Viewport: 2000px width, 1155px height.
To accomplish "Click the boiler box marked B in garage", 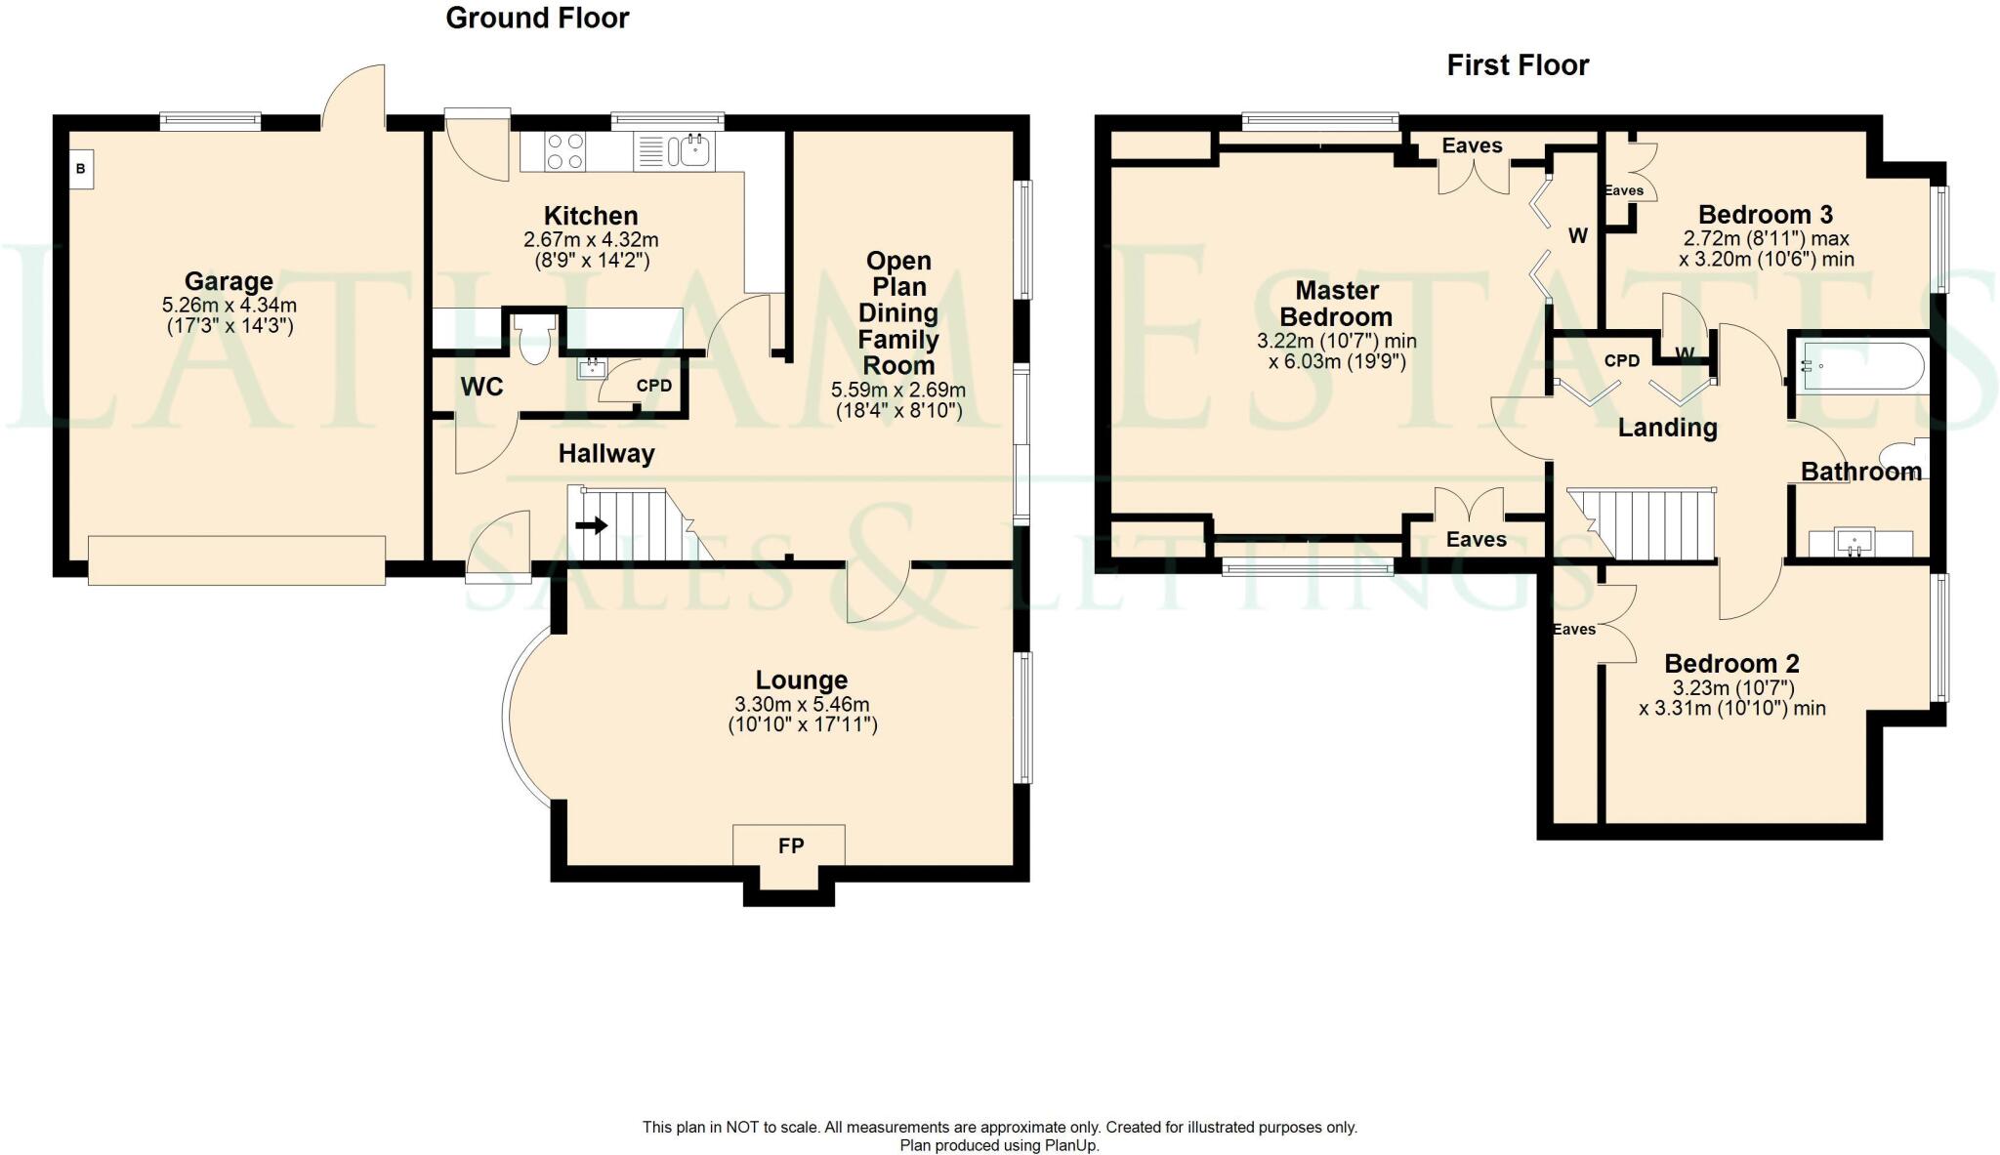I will click(81, 169).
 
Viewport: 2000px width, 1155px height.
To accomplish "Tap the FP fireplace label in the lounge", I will click(791, 846).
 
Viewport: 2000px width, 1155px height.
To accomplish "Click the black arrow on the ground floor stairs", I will click(591, 526).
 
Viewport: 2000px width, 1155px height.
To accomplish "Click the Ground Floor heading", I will click(537, 18).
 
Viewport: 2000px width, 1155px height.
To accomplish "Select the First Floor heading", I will click(1518, 65).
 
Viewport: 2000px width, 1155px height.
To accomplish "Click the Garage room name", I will click(229, 281).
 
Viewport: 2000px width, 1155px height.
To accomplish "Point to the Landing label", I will click(1667, 428).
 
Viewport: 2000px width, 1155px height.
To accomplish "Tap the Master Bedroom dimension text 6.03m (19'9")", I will click(1336, 362).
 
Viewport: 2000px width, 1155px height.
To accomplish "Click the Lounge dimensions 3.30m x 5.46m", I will click(802, 704).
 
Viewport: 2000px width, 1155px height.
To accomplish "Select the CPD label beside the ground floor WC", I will click(653, 386).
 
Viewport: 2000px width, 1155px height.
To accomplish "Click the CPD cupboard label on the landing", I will click(1622, 360).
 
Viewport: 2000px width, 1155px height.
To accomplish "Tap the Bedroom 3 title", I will click(1765, 215).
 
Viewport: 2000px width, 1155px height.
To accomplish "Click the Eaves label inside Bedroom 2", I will click(1574, 630).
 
